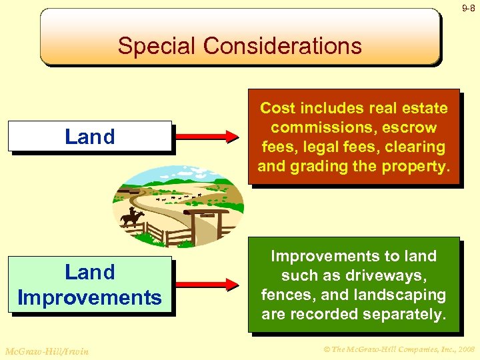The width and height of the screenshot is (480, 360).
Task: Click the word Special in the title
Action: click(x=157, y=46)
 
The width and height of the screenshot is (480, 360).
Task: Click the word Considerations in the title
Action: click(x=283, y=46)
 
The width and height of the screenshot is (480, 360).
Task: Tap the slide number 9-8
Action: click(x=468, y=8)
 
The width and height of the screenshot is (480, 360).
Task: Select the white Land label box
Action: click(x=90, y=137)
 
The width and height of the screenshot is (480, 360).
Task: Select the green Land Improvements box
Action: click(x=90, y=285)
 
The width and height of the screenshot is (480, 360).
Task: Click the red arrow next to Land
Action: click(x=206, y=137)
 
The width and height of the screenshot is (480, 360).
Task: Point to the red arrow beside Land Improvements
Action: click(x=206, y=285)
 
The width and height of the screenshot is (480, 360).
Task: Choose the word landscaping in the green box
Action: click(x=404, y=295)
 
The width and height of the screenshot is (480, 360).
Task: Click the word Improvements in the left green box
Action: click(x=90, y=297)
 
